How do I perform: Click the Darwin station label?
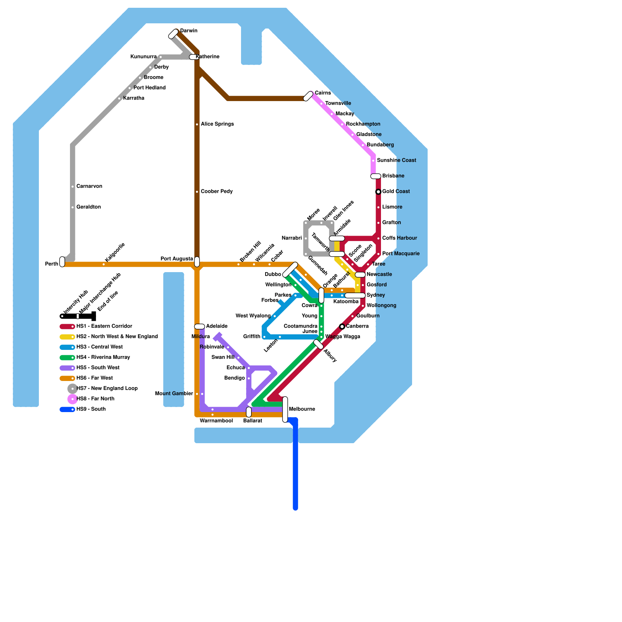pos(189,31)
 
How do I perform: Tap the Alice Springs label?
pos(217,124)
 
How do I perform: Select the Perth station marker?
pos(62,262)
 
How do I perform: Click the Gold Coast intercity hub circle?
pos(378,192)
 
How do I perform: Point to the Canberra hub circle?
pos(342,327)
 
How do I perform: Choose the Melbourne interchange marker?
pos(285,409)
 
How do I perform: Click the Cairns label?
pos(323,93)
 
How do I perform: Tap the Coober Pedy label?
pos(217,192)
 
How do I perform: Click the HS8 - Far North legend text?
pos(95,399)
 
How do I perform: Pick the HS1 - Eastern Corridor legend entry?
pos(104,327)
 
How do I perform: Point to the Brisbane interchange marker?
pos(376,176)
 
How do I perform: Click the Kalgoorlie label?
pos(115,253)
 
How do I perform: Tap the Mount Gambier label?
pos(174,394)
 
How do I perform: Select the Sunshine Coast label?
pos(396,161)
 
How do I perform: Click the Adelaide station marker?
pos(199,327)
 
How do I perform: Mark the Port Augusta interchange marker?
pos(197,262)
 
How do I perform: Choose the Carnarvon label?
pos(89,187)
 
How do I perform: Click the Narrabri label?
pos(292,238)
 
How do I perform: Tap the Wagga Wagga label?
pos(342,337)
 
